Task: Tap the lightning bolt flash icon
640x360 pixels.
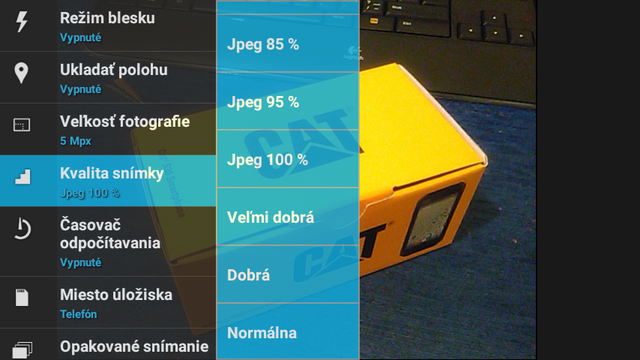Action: click(x=22, y=21)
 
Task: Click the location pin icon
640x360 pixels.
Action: click(x=21, y=73)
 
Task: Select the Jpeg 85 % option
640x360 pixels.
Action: click(x=263, y=44)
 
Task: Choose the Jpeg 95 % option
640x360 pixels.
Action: click(x=263, y=102)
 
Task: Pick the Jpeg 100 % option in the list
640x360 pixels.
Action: click(x=268, y=160)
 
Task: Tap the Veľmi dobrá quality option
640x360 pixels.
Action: click(x=271, y=217)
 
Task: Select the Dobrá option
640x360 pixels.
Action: click(x=248, y=275)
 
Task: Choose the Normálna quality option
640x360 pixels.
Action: click(x=262, y=333)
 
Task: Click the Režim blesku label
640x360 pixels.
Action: click(x=107, y=18)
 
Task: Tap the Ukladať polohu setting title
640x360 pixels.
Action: click(x=113, y=70)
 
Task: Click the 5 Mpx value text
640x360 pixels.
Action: click(x=76, y=141)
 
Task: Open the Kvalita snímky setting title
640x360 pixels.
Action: click(x=112, y=174)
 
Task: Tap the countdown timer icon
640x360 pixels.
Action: click(x=22, y=229)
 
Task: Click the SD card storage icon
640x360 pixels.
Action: click(x=22, y=298)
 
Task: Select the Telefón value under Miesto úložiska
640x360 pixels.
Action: click(x=79, y=314)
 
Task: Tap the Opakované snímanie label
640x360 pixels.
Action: click(x=134, y=346)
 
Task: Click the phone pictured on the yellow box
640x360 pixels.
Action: click(x=432, y=220)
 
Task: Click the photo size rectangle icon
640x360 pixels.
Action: click(x=22, y=125)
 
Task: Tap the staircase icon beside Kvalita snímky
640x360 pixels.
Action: click(x=22, y=176)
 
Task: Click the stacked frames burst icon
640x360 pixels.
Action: click(x=22, y=349)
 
